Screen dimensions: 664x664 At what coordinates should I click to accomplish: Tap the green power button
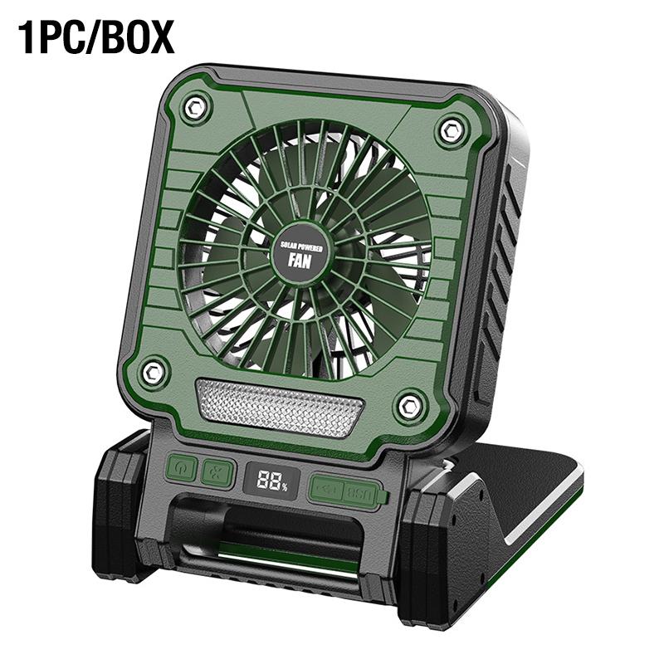pos(182,470)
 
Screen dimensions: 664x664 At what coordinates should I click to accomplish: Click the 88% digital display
pos(266,481)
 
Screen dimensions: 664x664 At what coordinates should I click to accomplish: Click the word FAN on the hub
pos(300,258)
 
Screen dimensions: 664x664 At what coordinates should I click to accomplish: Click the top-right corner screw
pos(451,129)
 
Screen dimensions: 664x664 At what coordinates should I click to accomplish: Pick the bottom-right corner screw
pos(408,405)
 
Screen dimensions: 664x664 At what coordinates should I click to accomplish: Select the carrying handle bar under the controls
pos(274,531)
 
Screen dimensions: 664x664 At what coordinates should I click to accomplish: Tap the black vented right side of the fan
pos(495,274)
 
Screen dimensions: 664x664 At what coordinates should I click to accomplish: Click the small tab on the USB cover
pos(383,498)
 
